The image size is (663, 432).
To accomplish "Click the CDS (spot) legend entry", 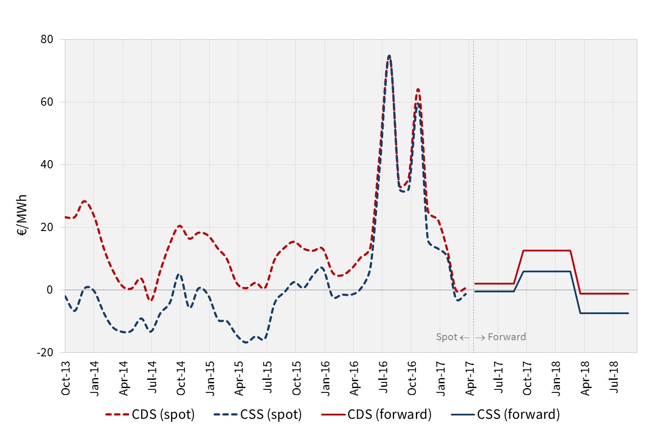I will click(150, 414).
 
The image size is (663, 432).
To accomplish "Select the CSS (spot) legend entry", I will click(258, 414).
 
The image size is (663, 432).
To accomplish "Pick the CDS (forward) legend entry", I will click(376, 414).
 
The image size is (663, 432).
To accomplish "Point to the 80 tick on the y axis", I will click(47, 39).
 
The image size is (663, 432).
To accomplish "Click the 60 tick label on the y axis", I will click(47, 102).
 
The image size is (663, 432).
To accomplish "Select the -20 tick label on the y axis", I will click(45, 352).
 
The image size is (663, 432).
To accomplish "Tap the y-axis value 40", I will click(47, 164).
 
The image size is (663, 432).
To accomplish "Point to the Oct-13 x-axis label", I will click(66, 378).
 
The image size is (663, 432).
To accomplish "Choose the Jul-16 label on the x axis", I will click(383, 377).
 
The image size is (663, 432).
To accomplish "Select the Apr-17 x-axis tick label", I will click(470, 378).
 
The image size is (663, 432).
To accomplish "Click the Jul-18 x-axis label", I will click(614, 377).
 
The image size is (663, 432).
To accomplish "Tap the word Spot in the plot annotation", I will click(446, 337).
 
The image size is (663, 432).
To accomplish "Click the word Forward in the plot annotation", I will click(507, 337).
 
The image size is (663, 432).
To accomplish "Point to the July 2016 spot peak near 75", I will click(389, 56).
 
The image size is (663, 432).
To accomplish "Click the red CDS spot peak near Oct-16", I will click(418, 90).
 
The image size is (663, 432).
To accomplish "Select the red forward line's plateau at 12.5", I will click(546, 251).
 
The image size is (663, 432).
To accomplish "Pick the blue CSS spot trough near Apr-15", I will click(246, 342).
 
